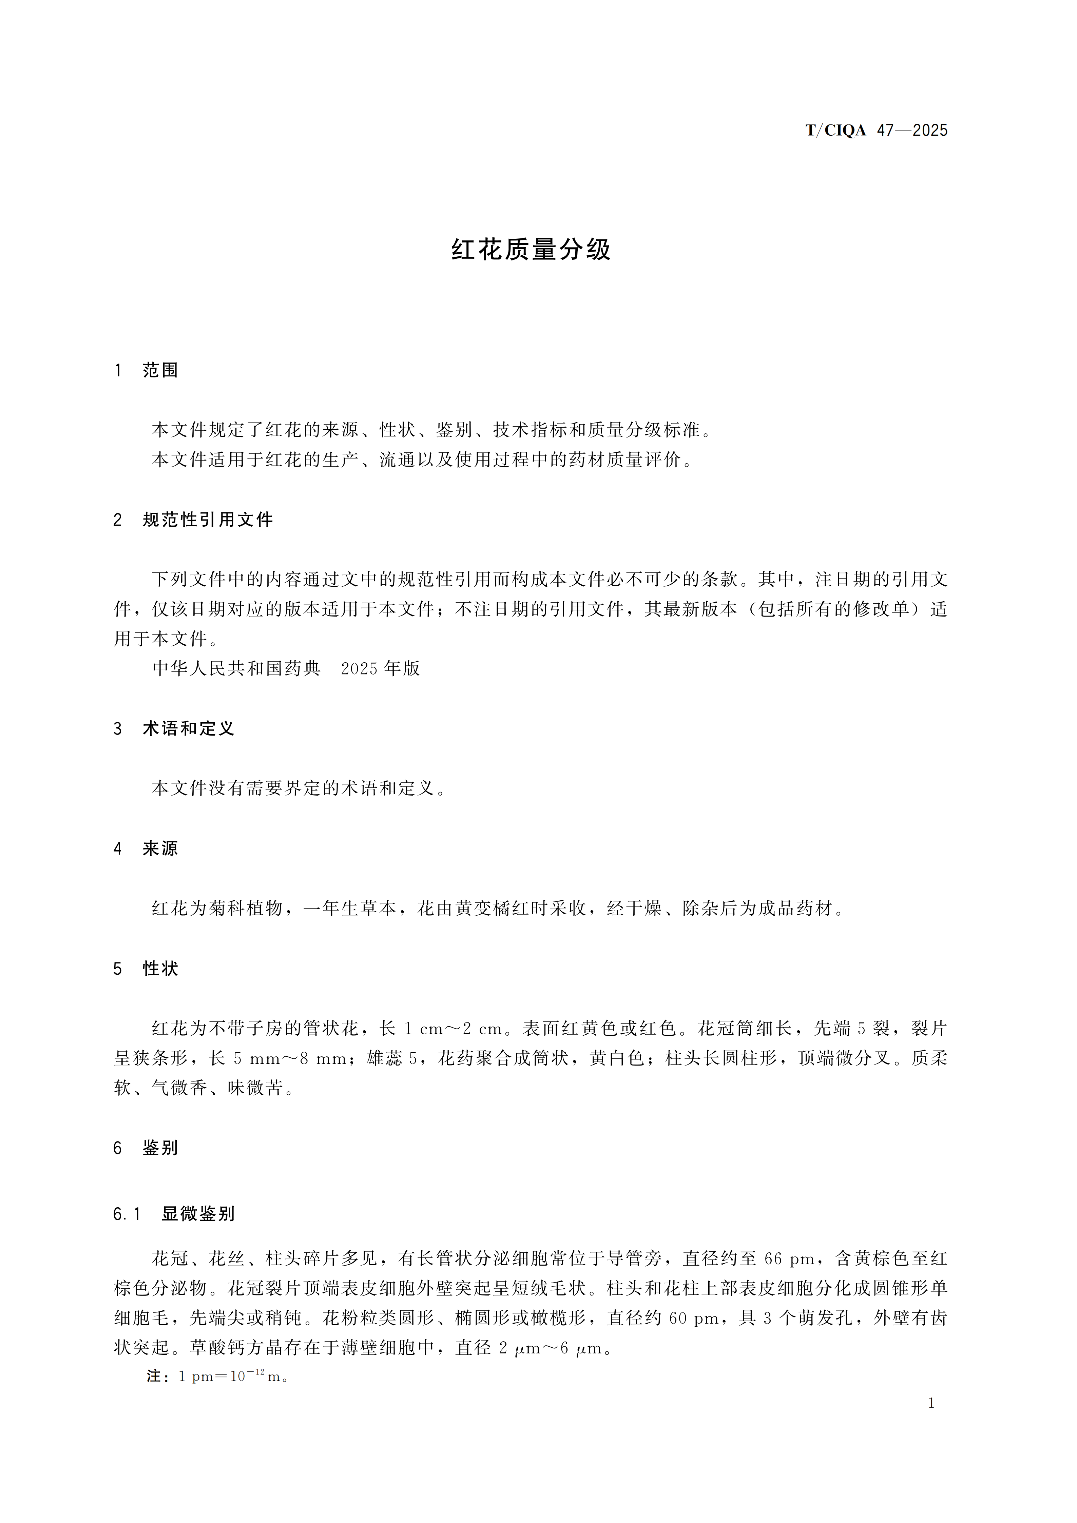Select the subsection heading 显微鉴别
198,1214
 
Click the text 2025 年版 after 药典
380,669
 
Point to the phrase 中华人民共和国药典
236,669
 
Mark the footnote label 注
154,1376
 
